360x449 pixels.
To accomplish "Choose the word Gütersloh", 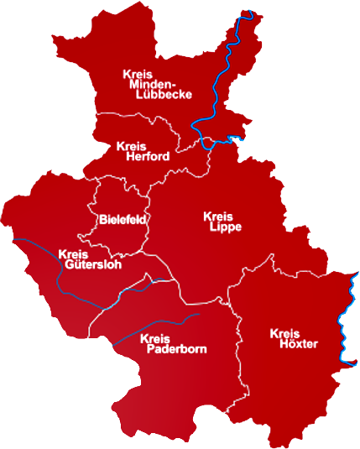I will [x=92, y=264].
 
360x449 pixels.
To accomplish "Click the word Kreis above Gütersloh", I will [x=73, y=254].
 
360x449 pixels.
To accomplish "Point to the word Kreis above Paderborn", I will [x=155, y=338].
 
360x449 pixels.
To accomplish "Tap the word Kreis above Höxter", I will [x=285, y=334].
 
